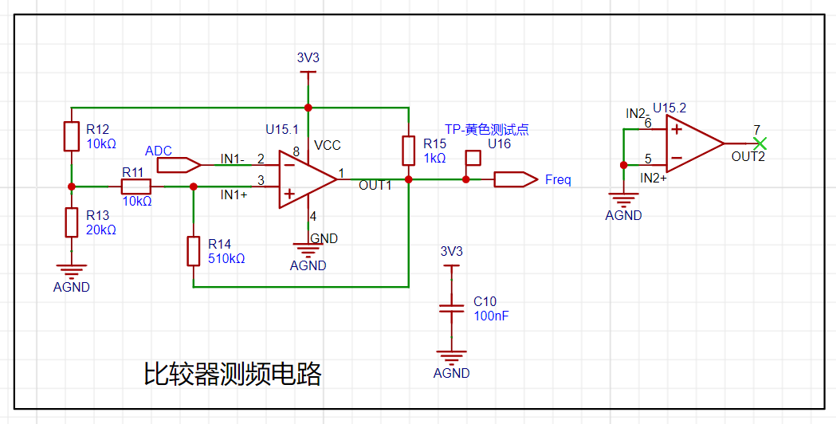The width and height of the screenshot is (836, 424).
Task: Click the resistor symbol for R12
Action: coord(72,136)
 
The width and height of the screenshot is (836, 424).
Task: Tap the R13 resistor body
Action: coord(72,222)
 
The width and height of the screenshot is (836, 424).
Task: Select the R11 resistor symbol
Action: coord(136,186)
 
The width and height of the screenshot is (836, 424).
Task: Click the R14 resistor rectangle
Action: coord(193,251)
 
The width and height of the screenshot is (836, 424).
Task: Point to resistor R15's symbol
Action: coord(408,151)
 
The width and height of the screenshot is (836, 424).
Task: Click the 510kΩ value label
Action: coord(226,259)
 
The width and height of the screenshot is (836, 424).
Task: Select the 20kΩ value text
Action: coord(100,230)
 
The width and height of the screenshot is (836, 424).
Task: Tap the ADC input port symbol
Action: coord(179,165)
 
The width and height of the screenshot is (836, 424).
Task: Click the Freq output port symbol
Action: coord(516,179)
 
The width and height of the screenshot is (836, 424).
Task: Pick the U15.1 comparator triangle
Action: coord(308,179)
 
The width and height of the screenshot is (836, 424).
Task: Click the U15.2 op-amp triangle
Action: coord(695,143)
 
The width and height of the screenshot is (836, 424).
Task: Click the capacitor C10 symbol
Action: coord(452,308)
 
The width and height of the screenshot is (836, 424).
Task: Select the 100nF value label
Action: coord(491,316)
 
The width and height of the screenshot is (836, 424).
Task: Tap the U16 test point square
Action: coord(473,157)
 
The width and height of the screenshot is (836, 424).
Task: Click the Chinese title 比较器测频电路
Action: coord(233,374)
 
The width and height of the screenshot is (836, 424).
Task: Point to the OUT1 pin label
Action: coord(375,185)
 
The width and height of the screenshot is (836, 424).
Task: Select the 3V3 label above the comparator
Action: coord(308,57)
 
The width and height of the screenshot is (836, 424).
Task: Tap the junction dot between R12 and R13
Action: coord(72,186)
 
